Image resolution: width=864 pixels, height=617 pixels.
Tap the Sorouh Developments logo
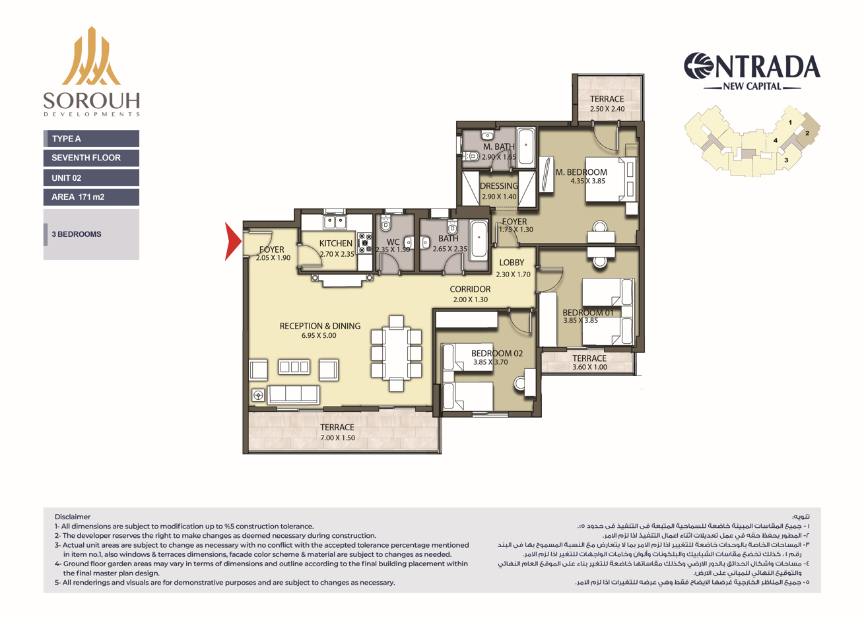91,71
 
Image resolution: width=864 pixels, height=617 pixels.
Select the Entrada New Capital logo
752,72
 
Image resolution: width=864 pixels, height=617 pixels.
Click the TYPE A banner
91,139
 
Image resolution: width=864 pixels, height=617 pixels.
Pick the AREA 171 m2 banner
91,197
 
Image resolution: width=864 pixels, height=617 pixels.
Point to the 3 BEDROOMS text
77,234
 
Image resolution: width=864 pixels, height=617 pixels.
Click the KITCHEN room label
336,244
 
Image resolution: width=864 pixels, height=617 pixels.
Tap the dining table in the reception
396,354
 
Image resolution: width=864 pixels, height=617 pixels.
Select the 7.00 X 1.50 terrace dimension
337,438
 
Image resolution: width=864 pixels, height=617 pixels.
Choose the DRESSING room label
499,186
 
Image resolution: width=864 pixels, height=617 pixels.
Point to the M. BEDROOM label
582,172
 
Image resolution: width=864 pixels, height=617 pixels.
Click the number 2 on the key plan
807,133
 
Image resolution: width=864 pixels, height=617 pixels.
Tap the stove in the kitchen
364,243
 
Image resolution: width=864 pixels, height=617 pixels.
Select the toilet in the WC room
385,224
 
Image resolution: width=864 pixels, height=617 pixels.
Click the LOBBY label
512,263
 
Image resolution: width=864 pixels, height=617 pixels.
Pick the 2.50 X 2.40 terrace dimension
607,109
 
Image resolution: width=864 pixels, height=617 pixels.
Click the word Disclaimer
73,517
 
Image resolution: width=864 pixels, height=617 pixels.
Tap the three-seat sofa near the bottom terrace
294,395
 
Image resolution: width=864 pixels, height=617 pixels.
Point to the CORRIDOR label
470,289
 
